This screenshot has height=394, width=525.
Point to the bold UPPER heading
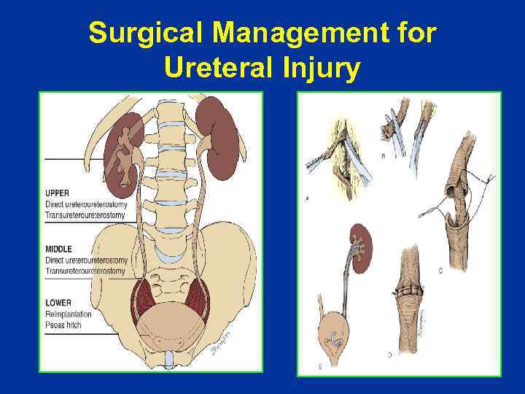click(58, 193)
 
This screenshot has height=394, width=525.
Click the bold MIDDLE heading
click(59, 250)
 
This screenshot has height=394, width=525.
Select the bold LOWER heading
click(58, 301)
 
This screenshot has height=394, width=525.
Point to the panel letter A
click(307, 198)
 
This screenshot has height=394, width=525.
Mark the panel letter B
click(384, 156)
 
